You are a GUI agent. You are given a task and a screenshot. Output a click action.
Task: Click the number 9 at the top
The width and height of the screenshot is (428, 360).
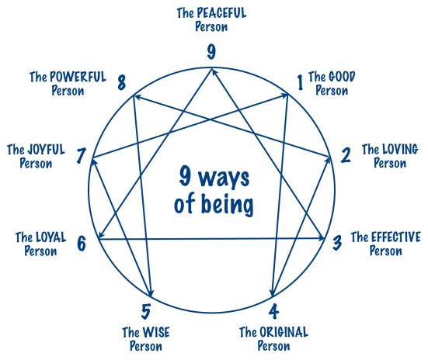pyautogui.click(x=211, y=53)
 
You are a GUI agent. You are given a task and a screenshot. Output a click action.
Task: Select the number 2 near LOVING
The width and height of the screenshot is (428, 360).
pyautogui.click(x=345, y=154)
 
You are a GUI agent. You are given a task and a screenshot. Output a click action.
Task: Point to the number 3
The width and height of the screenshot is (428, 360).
pyautogui.click(x=337, y=242)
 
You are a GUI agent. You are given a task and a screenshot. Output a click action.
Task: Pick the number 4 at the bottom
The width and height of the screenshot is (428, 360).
pyautogui.click(x=273, y=313)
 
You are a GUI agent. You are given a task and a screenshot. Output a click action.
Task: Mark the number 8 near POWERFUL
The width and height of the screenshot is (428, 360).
pyautogui.click(x=122, y=83)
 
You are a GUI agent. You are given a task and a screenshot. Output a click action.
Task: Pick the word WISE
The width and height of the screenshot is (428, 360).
pyautogui.click(x=155, y=332)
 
